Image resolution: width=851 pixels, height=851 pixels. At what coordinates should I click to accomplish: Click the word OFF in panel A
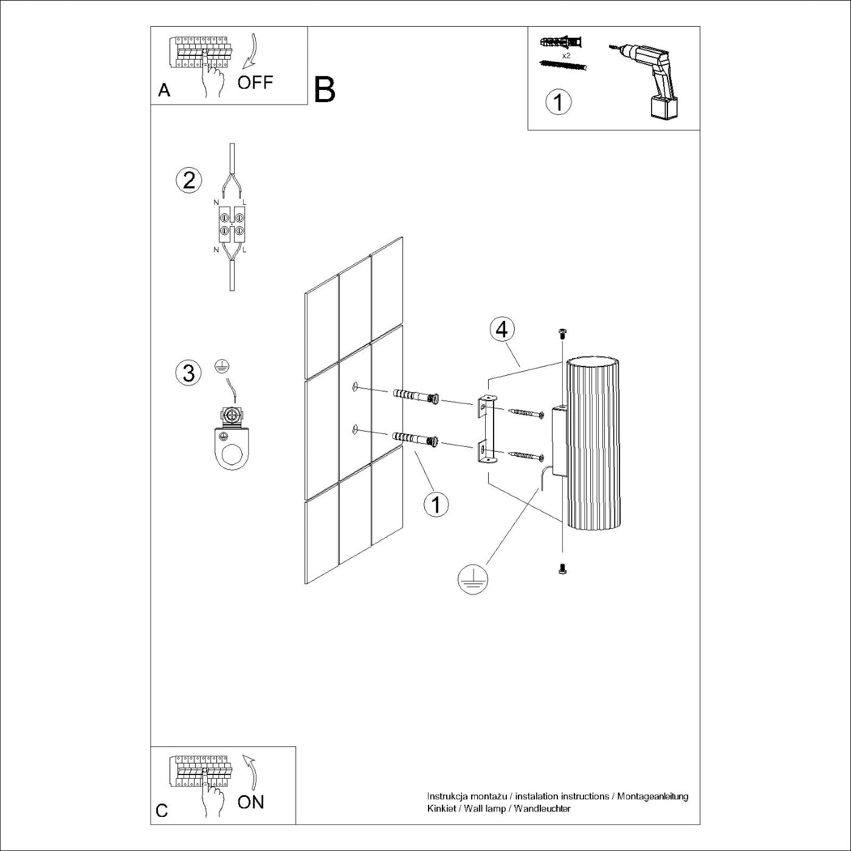click(255, 83)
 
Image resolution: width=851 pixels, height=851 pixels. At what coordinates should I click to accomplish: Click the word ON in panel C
click(250, 802)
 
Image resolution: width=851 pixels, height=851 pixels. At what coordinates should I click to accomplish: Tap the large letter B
click(325, 90)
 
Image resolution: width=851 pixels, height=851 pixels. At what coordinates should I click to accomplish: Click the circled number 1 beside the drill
click(558, 102)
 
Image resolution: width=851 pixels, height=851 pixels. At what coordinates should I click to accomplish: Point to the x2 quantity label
click(566, 55)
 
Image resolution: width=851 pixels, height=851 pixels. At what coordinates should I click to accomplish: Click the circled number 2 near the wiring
click(188, 181)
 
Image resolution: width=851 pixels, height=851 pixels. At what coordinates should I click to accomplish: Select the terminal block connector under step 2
click(232, 223)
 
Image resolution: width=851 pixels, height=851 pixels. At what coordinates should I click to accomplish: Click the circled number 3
click(188, 373)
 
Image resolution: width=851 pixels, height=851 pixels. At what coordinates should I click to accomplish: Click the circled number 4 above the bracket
click(501, 329)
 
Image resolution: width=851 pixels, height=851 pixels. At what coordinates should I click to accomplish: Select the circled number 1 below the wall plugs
click(436, 504)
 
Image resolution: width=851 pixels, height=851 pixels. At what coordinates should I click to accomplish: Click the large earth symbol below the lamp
click(473, 579)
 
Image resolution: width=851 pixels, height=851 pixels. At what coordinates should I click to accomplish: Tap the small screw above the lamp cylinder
click(562, 332)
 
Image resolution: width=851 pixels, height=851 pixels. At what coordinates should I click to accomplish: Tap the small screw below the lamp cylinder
click(562, 568)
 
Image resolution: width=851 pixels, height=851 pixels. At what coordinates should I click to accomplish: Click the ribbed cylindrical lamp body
click(593, 444)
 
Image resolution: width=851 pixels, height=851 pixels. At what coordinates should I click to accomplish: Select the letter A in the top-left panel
click(164, 91)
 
